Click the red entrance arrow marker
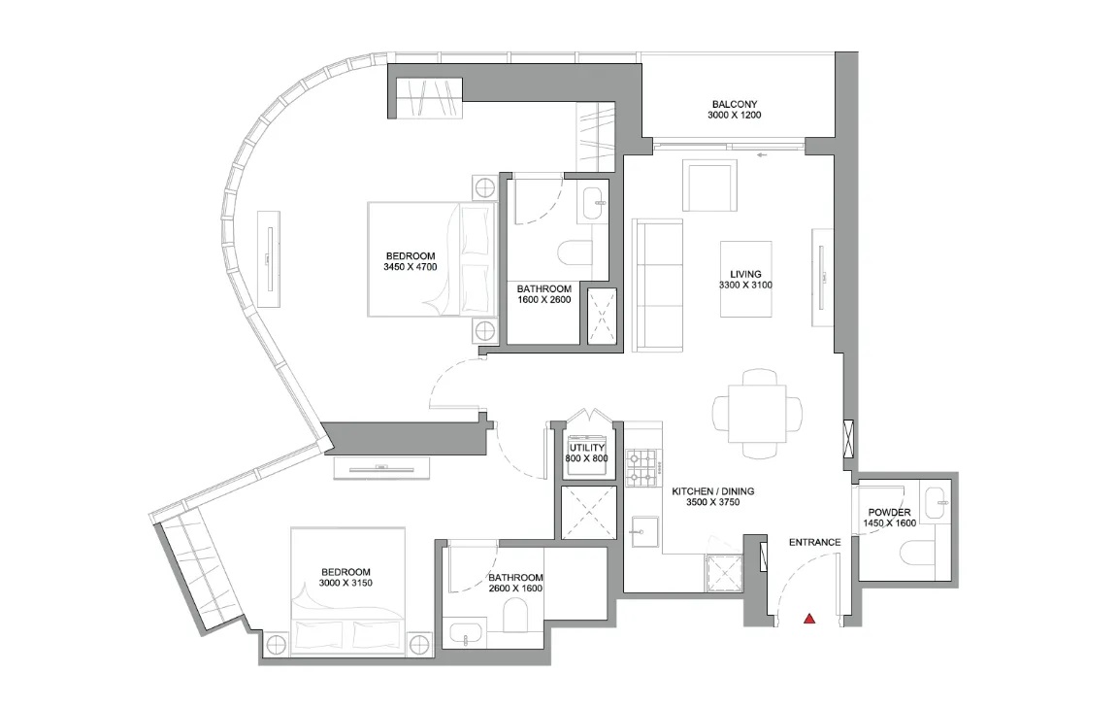pyautogui.click(x=808, y=617)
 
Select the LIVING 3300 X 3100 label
pyautogui.click(x=745, y=281)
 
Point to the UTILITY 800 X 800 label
pyautogui.click(x=587, y=453)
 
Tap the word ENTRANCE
pyautogui.click(x=814, y=542)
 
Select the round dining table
pyautogui.click(x=757, y=414)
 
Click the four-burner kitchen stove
pyautogui.click(x=642, y=465)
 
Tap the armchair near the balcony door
pyautogui.click(x=710, y=185)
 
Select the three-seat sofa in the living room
pyautogui.click(x=659, y=286)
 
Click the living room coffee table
pyautogui.click(x=745, y=280)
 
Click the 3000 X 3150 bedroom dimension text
pyautogui.click(x=346, y=584)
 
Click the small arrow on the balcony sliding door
pyautogui.click(x=764, y=153)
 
